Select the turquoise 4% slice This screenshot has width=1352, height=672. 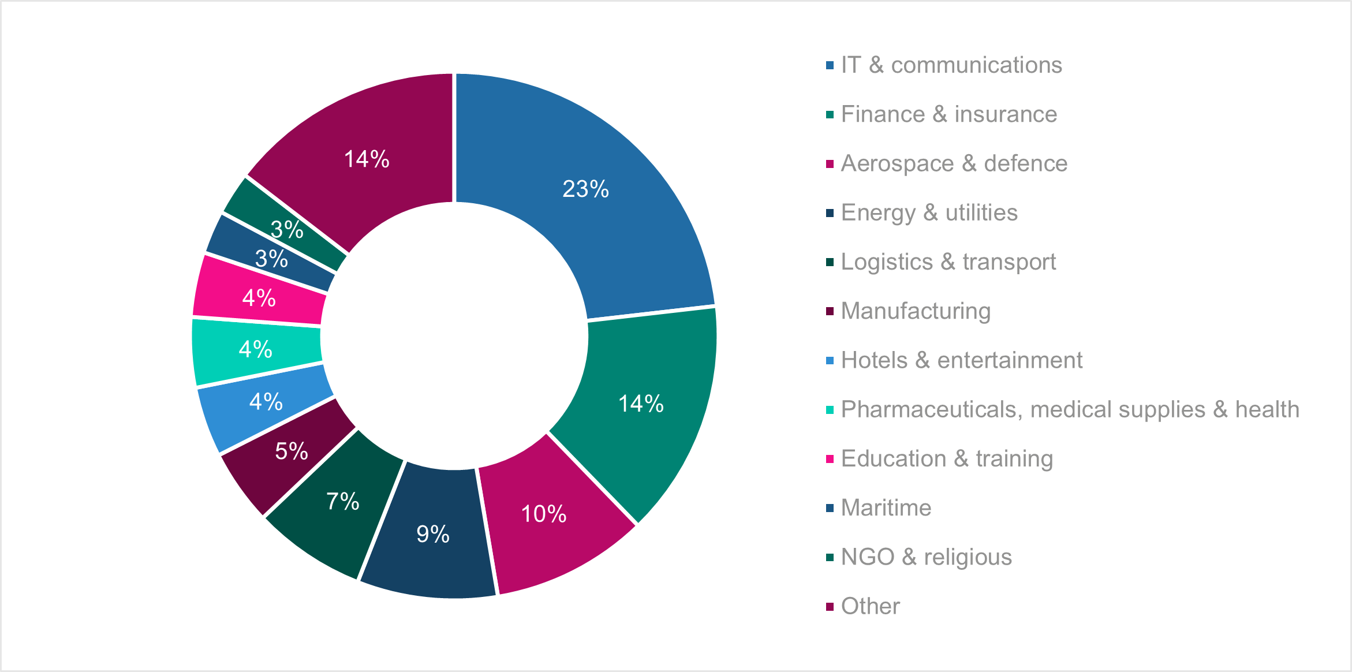[x=231, y=349]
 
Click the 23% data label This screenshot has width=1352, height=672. [x=585, y=189]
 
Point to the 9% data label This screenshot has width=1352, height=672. [x=433, y=534]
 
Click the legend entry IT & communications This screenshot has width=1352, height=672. [x=951, y=65]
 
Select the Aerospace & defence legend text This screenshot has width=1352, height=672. [x=954, y=163]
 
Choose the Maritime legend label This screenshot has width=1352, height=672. [x=886, y=508]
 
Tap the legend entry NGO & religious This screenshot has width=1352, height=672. [x=926, y=557]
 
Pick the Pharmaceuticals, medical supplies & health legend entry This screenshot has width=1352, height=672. [x=1070, y=409]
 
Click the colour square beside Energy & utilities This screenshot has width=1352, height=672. [x=830, y=213]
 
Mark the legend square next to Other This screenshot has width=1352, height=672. [x=830, y=607]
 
